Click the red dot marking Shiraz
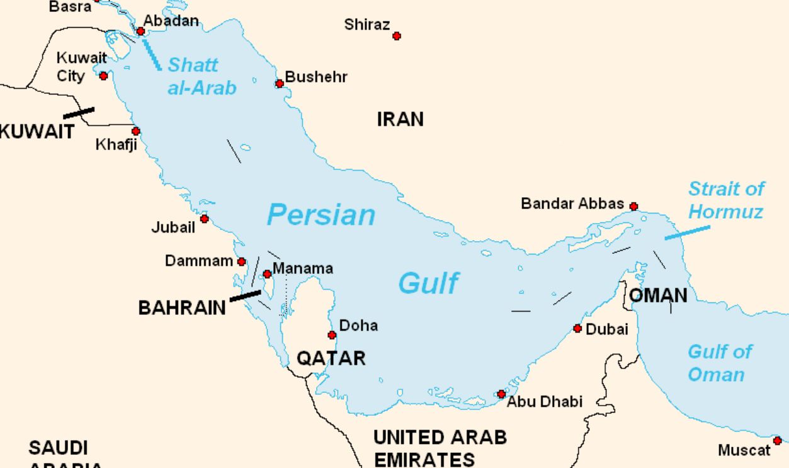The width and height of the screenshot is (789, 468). pos(397,36)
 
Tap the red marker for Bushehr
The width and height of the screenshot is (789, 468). pos(280,84)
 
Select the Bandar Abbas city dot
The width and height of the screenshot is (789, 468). pos(633,207)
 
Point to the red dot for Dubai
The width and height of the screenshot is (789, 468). pos(577,329)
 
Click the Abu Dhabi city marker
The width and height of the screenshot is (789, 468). pos(501,394)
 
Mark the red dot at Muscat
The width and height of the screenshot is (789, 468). pos(777,441)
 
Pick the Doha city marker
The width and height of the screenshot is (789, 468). pos(332,335)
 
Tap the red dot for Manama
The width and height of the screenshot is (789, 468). pos(267,274)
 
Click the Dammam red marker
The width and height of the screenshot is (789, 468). pos(241,261)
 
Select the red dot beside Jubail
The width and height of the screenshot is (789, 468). pos(204,219)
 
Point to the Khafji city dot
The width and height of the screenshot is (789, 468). pos(135,132)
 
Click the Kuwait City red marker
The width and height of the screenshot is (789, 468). pos(104,76)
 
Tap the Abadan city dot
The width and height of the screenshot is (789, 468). pos(140,31)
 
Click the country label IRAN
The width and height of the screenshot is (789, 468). pos(400,119)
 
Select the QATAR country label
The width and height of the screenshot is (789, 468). pos(331,358)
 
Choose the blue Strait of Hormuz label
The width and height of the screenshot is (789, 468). pos(725,200)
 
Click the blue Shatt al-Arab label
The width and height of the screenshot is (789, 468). pos(202,76)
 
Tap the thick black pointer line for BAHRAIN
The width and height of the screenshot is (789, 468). pos(245,295)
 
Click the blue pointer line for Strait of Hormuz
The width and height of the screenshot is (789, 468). pos(687,232)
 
